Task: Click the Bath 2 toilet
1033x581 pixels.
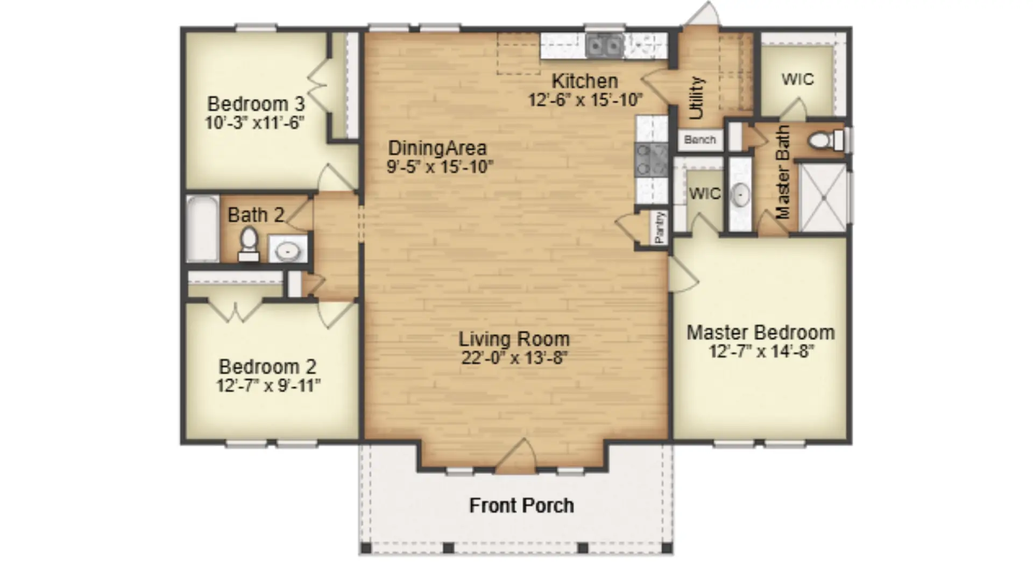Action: coord(249,245)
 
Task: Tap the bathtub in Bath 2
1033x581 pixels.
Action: coord(203,229)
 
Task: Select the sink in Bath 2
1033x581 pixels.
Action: coord(288,249)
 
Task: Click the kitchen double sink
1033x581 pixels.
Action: coord(605,46)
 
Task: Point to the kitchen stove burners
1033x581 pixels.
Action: coord(651,160)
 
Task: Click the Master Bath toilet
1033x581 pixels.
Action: coord(826,140)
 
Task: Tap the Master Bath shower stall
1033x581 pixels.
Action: coord(823,197)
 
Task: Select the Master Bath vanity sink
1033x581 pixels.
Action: coord(741,194)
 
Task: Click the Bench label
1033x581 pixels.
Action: coord(700,140)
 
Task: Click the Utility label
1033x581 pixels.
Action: coord(696,97)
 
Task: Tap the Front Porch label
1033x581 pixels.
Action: coord(521,506)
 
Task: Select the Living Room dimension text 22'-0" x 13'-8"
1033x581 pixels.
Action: coord(514,357)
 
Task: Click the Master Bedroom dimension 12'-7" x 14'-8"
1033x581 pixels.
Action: coord(761,351)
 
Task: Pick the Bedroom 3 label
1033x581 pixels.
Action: coord(256,103)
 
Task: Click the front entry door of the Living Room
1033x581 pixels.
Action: coord(515,457)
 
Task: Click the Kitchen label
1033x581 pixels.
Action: coord(585,81)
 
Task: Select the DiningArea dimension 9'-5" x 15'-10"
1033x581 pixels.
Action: coord(440,167)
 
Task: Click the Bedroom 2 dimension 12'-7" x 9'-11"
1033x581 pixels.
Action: coord(268,386)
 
